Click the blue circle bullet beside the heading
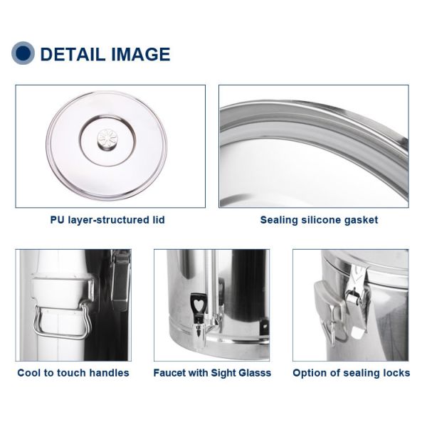tap(23, 53)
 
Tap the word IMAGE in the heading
tap(140, 54)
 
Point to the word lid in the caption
tap(159, 220)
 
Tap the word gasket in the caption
tap(361, 221)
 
